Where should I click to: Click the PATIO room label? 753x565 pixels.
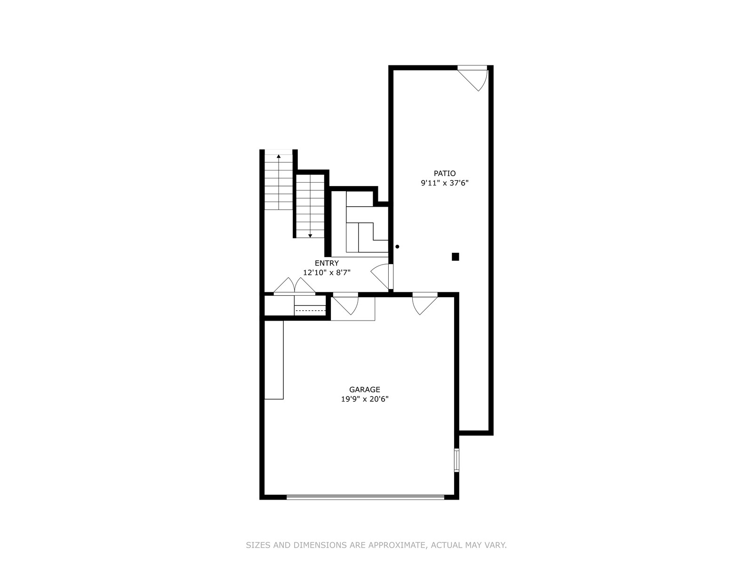click(x=445, y=173)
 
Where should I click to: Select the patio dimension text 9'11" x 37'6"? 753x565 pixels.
click(x=445, y=183)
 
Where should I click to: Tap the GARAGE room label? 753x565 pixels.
click(x=365, y=389)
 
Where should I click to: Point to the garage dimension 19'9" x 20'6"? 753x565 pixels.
click(x=365, y=399)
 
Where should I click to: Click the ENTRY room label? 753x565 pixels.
click(x=327, y=263)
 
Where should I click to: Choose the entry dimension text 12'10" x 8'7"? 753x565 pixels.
click(x=327, y=273)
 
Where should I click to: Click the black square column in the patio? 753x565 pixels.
click(x=455, y=257)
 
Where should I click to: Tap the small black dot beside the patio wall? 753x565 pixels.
click(x=397, y=247)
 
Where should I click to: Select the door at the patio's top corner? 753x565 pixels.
click(x=473, y=78)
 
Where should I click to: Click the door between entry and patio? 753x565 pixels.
click(x=382, y=276)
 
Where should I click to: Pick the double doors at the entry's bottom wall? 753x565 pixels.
click(x=294, y=286)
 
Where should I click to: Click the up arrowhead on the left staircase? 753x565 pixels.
click(x=279, y=156)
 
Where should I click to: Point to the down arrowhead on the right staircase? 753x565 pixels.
click(x=310, y=236)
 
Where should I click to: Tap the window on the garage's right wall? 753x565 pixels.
click(x=457, y=460)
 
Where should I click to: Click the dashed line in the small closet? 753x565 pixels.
click(x=310, y=310)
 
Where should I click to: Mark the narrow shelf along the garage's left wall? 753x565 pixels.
click(x=274, y=360)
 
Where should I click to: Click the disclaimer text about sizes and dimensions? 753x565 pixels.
click(x=376, y=545)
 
